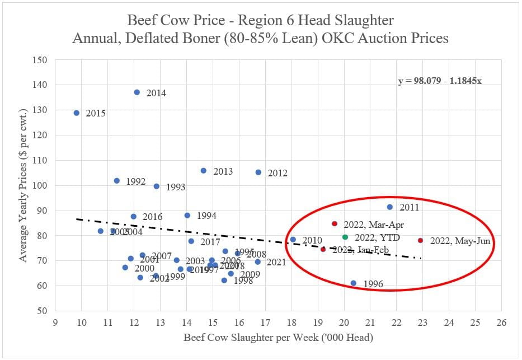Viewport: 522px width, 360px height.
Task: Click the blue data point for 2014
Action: point(137,92)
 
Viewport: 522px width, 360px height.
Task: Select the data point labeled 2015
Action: point(77,113)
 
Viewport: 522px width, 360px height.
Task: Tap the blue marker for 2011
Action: point(390,207)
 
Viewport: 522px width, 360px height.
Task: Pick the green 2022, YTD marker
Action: point(345,237)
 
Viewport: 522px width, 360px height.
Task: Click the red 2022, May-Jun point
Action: point(420,241)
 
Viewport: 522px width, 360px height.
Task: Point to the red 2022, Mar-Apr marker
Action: point(335,223)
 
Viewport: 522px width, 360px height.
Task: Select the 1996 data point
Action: point(353,283)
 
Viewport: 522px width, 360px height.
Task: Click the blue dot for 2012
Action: point(258,172)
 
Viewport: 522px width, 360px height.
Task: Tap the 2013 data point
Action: point(204,170)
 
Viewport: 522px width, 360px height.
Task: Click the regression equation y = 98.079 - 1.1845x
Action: point(440,81)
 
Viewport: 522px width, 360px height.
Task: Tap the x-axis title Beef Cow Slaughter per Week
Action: point(279,339)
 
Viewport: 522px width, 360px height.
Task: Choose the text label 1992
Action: point(135,181)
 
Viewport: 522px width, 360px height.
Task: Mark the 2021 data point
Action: point(257,261)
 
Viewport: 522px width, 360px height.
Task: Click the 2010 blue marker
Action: point(293,240)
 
